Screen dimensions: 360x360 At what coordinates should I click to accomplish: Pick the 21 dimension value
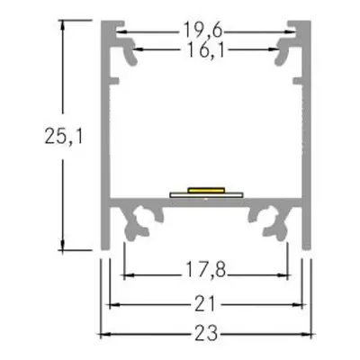pos(207,304)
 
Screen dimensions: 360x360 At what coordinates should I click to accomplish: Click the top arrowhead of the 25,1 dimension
pos(63,24)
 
